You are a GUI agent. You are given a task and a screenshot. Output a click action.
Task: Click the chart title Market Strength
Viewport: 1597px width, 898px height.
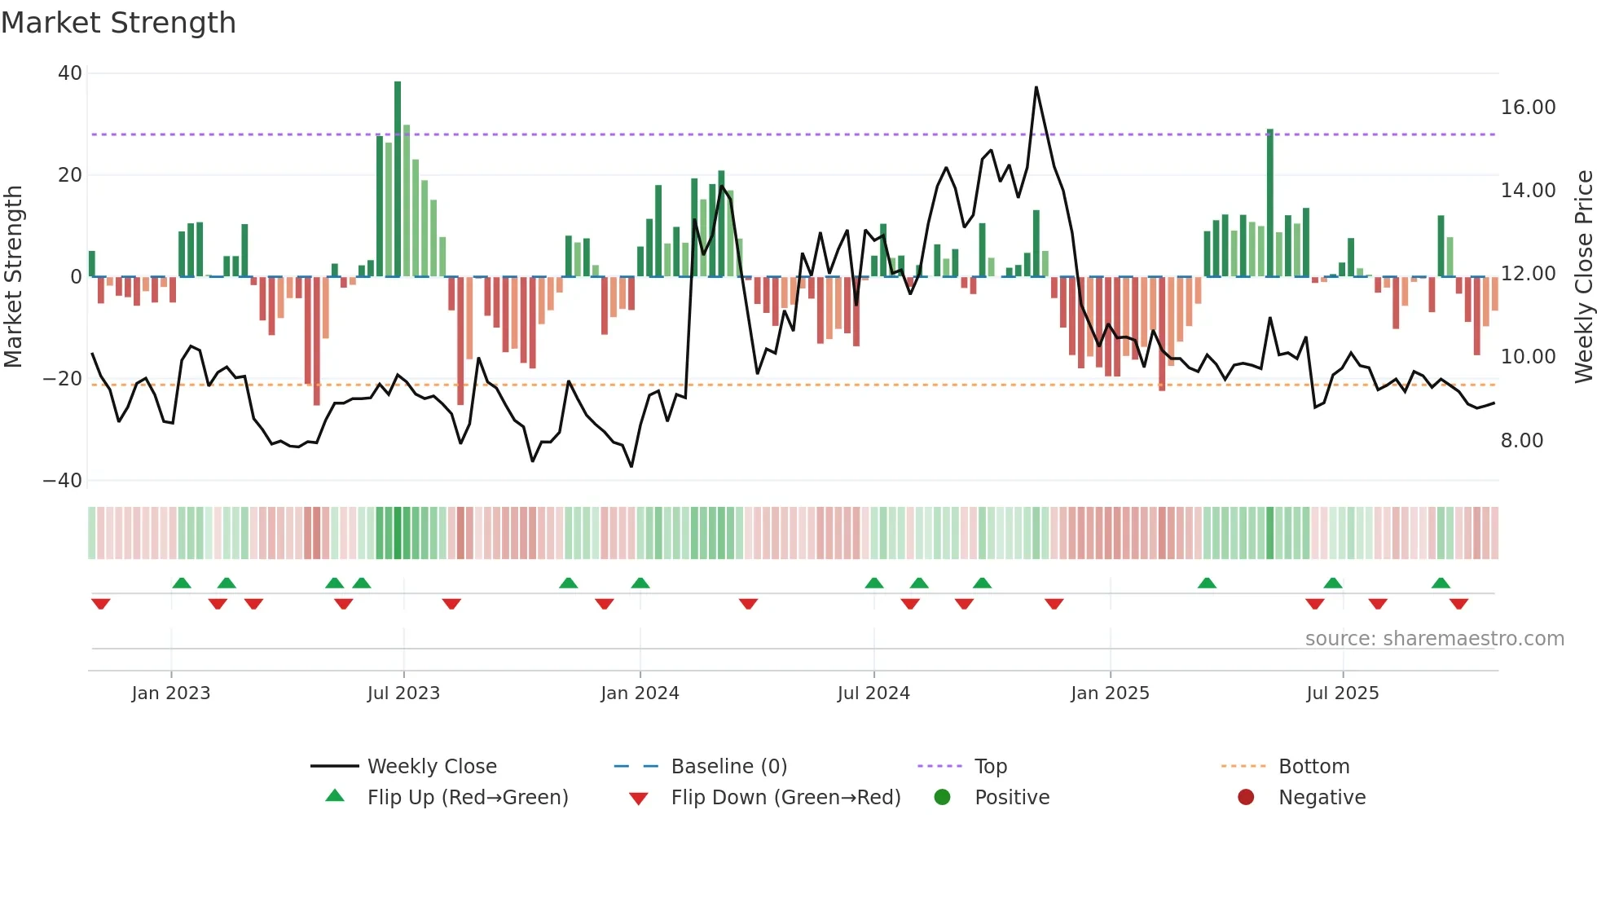pyautogui.click(x=118, y=22)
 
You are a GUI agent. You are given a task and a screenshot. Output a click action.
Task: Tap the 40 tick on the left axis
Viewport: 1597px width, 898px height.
pyautogui.click(x=70, y=73)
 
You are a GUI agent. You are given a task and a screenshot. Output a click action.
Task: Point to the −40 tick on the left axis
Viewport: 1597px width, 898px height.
pyautogui.click(x=63, y=481)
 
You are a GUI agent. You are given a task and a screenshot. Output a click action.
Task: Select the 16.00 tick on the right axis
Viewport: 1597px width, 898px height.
pyautogui.click(x=1528, y=108)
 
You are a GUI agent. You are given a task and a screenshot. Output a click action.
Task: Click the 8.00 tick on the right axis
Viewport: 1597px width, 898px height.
pyautogui.click(x=1522, y=441)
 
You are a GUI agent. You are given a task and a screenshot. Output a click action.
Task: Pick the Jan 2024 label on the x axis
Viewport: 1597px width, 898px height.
pyautogui.click(x=640, y=693)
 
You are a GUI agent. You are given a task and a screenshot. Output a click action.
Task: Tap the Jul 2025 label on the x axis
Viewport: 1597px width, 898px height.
pyautogui.click(x=1342, y=693)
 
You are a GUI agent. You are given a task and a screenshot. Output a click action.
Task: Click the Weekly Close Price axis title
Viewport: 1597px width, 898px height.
pyautogui.click(x=1583, y=276)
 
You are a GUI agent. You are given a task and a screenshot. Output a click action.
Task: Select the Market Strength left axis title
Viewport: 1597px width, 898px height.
pyautogui.click(x=13, y=276)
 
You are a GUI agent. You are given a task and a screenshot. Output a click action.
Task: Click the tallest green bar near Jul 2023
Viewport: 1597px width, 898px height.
pyautogui.click(x=398, y=179)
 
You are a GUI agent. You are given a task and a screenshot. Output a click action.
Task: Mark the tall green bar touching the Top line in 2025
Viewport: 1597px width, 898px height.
pyautogui.click(x=1269, y=204)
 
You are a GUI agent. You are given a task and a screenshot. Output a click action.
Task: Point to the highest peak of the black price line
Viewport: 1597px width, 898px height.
pyautogui.click(x=1036, y=87)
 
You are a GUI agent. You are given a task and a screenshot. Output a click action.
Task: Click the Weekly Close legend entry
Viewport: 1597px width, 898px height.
pyautogui.click(x=431, y=767)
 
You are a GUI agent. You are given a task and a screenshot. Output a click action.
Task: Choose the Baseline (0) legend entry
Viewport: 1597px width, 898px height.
pyautogui.click(x=728, y=767)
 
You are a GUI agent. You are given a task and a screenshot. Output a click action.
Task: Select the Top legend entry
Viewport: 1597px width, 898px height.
pyautogui.click(x=990, y=767)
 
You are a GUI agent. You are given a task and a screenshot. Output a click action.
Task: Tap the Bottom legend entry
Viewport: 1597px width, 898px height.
pyautogui.click(x=1313, y=767)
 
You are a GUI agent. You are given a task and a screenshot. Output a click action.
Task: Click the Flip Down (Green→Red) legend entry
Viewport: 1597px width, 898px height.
pyautogui.click(x=785, y=798)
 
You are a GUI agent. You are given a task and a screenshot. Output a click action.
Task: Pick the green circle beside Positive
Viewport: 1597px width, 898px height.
pyautogui.click(x=942, y=798)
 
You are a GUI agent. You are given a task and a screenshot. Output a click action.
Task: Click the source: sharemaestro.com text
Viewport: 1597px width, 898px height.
pyautogui.click(x=1434, y=639)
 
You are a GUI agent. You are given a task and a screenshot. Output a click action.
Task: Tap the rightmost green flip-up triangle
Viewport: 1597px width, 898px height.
pyautogui.click(x=1441, y=583)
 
